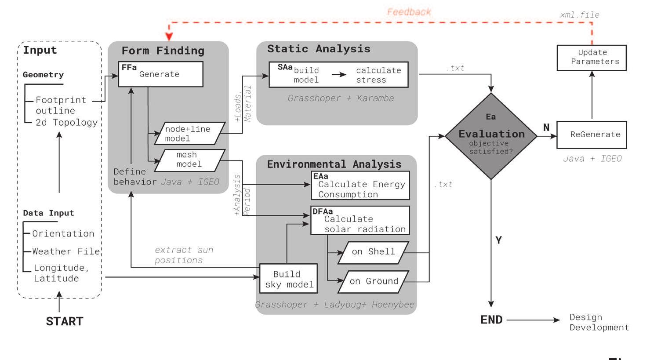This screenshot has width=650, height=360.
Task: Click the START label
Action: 64,321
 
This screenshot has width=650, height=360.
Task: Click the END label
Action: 491,320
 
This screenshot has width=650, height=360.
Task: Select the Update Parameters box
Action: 592,58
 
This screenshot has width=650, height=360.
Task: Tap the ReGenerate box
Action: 592,135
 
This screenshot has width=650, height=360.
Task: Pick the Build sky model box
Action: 288,279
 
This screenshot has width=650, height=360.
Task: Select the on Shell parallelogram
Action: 373,252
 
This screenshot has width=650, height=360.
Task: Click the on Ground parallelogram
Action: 373,282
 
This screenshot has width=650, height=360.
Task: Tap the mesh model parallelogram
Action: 189,160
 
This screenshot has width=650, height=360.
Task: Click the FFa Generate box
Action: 160,74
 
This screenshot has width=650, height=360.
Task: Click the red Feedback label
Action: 409,12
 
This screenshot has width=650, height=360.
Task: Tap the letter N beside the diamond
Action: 546,127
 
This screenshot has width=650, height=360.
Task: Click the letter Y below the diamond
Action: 498,240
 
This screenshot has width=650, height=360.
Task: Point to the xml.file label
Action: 580,15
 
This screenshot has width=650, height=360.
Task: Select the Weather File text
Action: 66,251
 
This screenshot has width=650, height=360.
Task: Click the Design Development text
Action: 599,322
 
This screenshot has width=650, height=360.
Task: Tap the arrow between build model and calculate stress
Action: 339,75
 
